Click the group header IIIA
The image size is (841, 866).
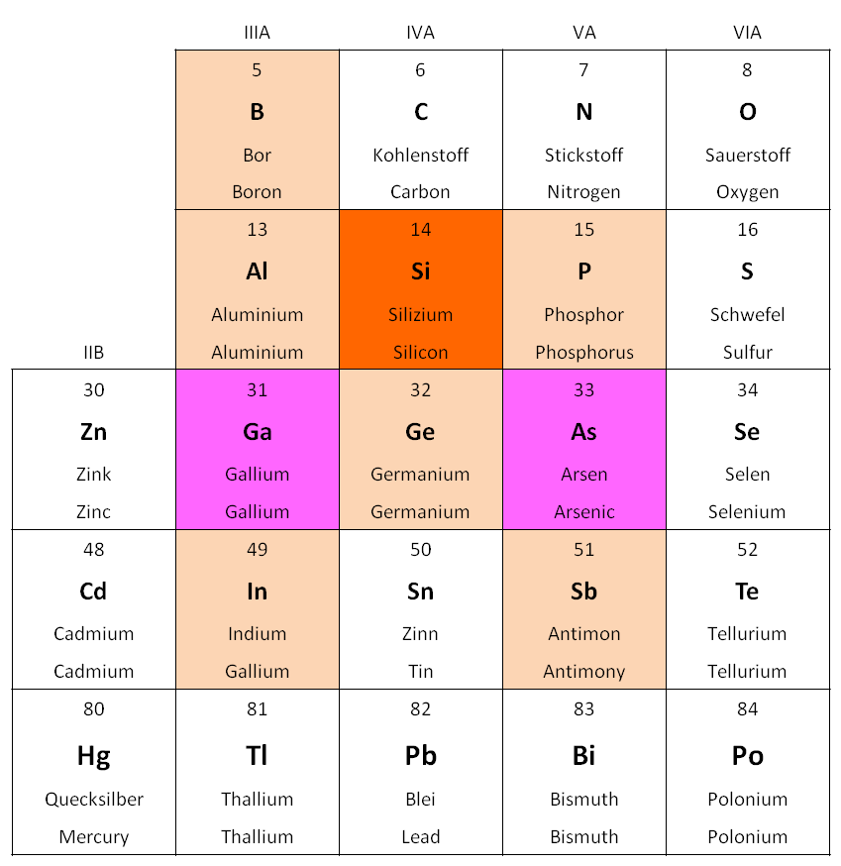pyautogui.click(x=257, y=33)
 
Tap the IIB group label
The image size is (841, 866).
pyautogui.click(x=93, y=352)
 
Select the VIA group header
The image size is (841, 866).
pyautogui.click(x=747, y=33)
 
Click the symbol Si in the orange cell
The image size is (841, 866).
pyautogui.click(x=420, y=271)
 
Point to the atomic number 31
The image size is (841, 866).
pyautogui.click(x=257, y=390)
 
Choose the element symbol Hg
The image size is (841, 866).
pyautogui.click(x=93, y=756)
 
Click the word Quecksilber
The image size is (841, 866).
pyautogui.click(x=93, y=799)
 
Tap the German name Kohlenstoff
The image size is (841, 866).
pyautogui.click(x=420, y=155)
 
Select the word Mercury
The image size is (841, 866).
pyautogui.click(x=93, y=836)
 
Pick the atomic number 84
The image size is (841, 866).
pyautogui.click(x=747, y=709)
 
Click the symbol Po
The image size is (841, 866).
pyautogui.click(x=747, y=756)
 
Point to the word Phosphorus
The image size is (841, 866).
pyautogui.click(x=583, y=353)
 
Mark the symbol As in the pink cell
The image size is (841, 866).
pyautogui.click(x=583, y=432)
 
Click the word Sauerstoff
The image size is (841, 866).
pyautogui.click(x=747, y=155)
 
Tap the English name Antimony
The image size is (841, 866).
pyautogui.click(x=583, y=672)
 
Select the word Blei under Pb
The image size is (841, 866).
pyautogui.click(x=420, y=799)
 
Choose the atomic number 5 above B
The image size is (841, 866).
pyautogui.click(x=257, y=70)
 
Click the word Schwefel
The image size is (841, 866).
pyautogui.click(x=747, y=314)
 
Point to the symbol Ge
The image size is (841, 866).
pyautogui.click(x=420, y=432)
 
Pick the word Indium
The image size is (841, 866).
pyautogui.click(x=257, y=633)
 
